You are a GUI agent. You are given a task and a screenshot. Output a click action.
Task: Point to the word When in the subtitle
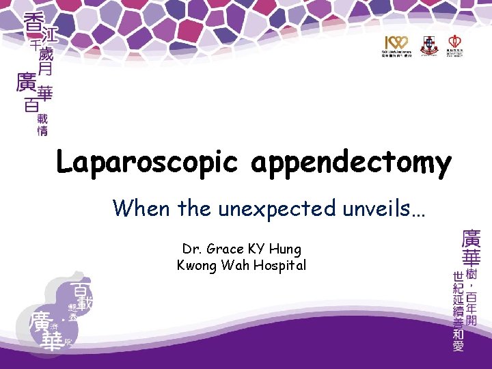click(x=142, y=208)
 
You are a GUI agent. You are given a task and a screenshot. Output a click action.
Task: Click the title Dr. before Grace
click(x=191, y=249)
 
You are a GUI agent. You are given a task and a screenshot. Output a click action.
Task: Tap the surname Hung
click(x=286, y=249)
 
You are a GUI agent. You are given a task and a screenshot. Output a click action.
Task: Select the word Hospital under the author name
click(x=282, y=265)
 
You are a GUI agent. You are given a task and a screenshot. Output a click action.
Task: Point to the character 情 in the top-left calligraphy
click(x=42, y=130)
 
